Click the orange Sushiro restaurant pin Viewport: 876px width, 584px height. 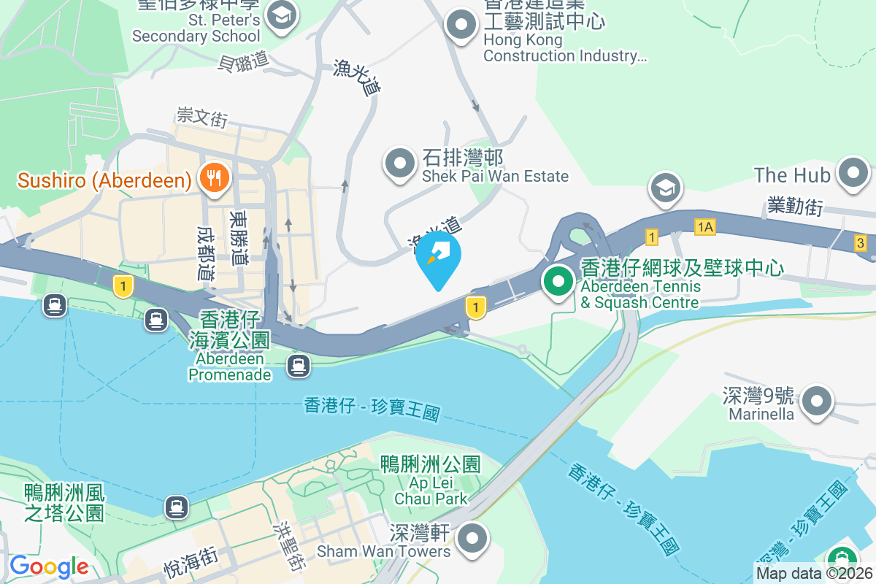tap(213, 177)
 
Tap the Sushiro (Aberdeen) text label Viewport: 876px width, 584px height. tap(104, 180)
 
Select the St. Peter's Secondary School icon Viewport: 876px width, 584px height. tap(278, 14)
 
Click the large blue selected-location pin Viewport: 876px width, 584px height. tap(438, 258)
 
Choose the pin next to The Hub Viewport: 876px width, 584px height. tap(853, 174)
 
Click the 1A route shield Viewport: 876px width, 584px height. tap(704, 228)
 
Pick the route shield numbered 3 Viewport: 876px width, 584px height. tap(861, 243)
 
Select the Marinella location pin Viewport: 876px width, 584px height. tap(817, 402)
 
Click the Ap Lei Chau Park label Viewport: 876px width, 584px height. tap(431, 482)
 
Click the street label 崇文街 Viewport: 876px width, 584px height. tap(202, 117)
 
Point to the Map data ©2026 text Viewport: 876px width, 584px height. tap(813, 574)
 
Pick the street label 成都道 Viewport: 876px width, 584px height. tap(206, 253)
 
